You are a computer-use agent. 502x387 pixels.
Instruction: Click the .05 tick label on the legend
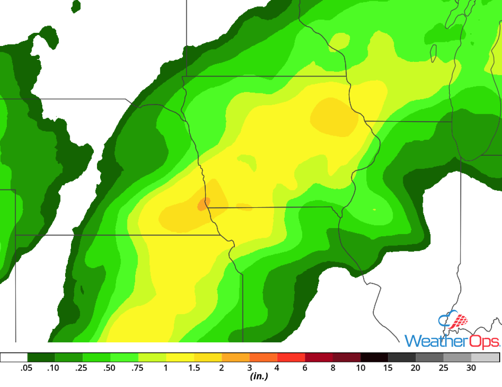27,368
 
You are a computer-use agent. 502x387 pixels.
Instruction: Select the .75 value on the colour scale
138,368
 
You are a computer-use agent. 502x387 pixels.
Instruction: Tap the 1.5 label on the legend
194,368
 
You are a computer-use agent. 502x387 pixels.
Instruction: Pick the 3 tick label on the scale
249,368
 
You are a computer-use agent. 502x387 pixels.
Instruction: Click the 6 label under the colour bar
305,368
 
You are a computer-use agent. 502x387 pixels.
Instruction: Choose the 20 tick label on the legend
416,368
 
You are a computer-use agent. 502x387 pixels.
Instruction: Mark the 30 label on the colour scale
471,368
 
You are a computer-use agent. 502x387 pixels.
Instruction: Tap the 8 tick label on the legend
333,368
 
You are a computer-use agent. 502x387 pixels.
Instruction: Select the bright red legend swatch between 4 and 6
291,357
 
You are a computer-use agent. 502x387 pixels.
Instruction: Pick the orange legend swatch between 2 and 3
236,357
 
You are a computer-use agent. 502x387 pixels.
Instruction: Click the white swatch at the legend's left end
14,357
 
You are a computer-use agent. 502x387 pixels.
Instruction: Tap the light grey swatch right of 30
485,357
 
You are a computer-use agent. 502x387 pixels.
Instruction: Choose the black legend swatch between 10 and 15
374,357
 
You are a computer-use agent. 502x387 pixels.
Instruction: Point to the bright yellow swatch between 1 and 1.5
180,357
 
